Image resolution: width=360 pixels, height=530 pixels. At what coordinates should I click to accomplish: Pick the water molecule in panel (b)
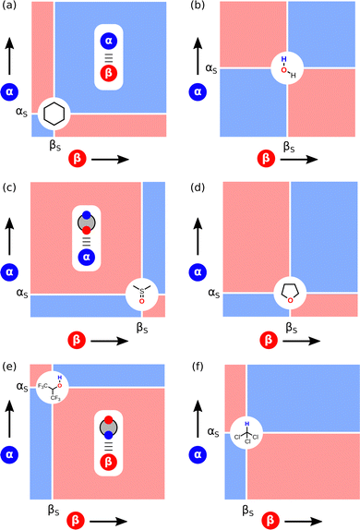[x=286, y=70]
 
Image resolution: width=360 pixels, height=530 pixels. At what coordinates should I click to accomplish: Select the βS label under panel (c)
[x=143, y=327]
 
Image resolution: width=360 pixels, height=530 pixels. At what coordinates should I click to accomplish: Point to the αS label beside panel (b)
[x=211, y=67]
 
